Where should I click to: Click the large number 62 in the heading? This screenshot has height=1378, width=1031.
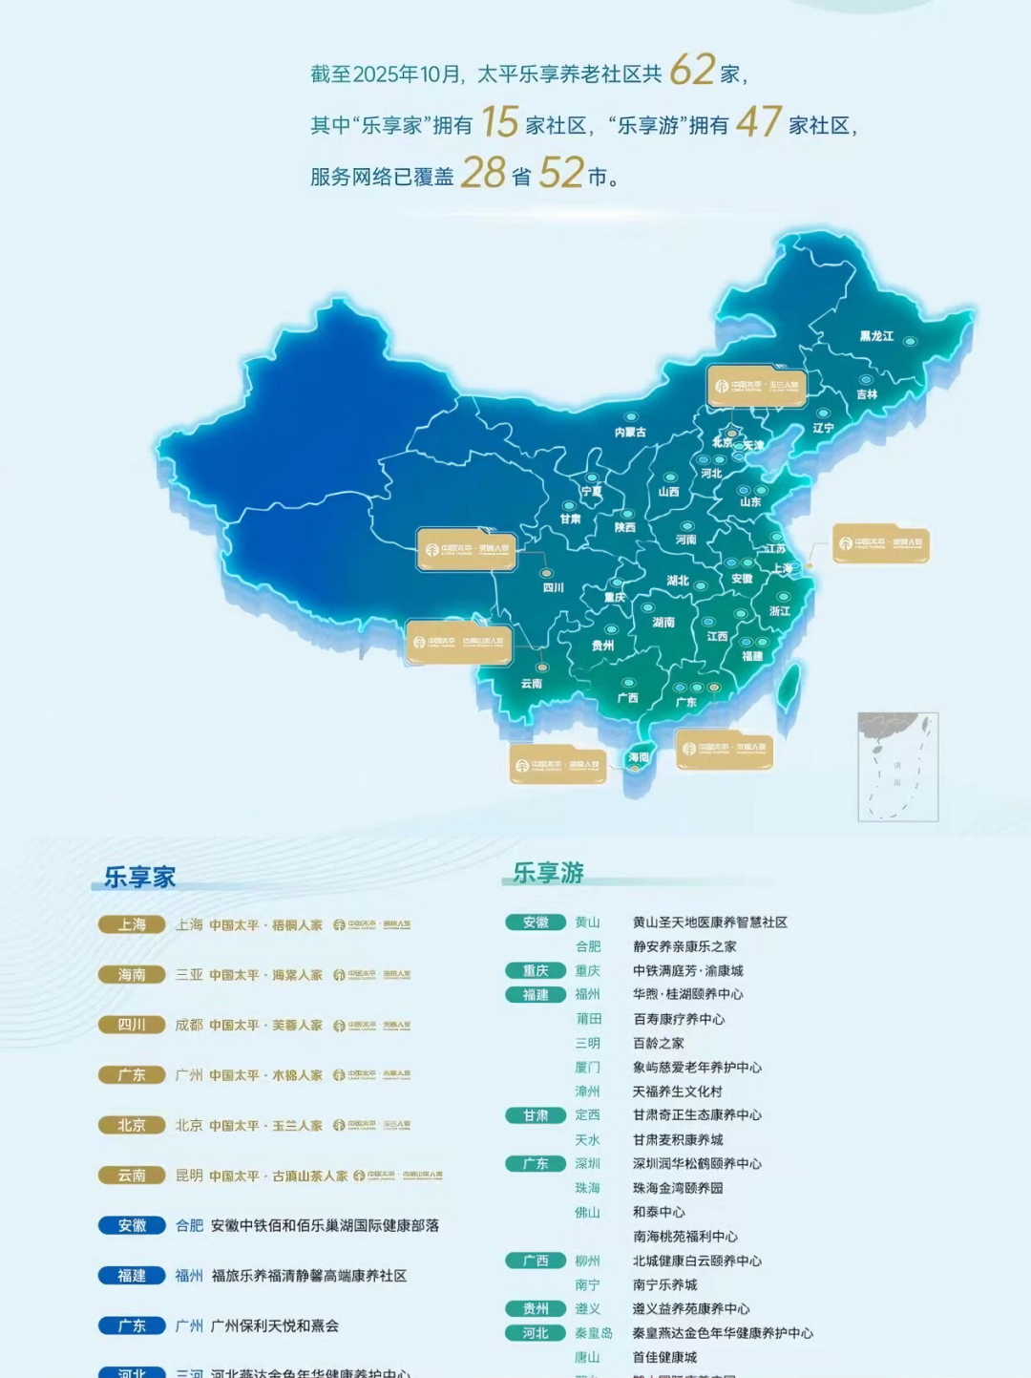pyautogui.click(x=692, y=70)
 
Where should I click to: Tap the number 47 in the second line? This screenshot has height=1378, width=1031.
pyautogui.click(x=759, y=122)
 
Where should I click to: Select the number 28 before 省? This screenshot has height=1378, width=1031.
pyautogui.click(x=483, y=174)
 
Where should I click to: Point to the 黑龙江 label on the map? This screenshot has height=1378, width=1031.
pyautogui.click(x=876, y=336)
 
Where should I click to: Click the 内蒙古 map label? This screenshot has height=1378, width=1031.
pyautogui.click(x=630, y=433)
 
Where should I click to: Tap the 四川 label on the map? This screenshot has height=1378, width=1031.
pyautogui.click(x=554, y=587)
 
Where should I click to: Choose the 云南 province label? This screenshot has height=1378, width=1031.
pyautogui.click(x=532, y=684)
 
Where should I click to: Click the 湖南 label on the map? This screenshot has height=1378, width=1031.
pyautogui.click(x=663, y=623)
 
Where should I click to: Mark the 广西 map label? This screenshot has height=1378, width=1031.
pyautogui.click(x=627, y=698)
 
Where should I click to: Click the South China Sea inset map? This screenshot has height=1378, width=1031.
pyautogui.click(x=897, y=766)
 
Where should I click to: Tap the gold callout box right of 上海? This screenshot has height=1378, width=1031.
pyautogui.click(x=880, y=543)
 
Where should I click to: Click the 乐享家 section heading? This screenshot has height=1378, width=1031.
pyautogui.click(x=140, y=878)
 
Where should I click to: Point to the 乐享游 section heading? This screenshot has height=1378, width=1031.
pyautogui.click(x=548, y=873)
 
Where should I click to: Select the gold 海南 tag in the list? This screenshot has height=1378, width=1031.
pyautogui.click(x=132, y=975)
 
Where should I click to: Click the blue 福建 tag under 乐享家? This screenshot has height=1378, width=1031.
pyautogui.click(x=132, y=1276)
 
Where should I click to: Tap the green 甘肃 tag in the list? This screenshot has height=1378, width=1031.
pyautogui.click(x=536, y=1115)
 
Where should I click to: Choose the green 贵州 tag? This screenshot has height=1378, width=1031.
pyautogui.click(x=536, y=1309)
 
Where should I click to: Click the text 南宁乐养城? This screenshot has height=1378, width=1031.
pyautogui.click(x=664, y=1285)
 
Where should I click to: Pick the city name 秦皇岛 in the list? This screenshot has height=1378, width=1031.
pyautogui.click(x=593, y=1333)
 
